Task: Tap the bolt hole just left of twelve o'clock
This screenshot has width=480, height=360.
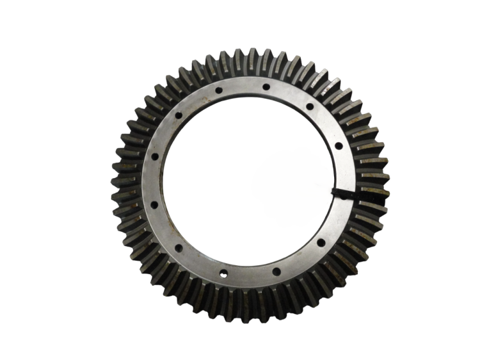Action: pos(218,91)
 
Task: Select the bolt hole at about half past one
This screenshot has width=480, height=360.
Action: pos(310,106)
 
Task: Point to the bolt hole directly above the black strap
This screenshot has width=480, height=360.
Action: pos(339,145)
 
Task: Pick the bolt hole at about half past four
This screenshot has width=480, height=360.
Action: pos(318,243)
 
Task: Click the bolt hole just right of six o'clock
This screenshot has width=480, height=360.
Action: pos(276,271)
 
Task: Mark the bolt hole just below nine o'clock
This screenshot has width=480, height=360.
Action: pos(154,205)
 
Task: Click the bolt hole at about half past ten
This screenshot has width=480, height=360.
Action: pos(179,115)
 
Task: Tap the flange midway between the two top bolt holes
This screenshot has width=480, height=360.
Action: pos(242,86)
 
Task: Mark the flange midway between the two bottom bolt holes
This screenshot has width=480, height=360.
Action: pos(250,275)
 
